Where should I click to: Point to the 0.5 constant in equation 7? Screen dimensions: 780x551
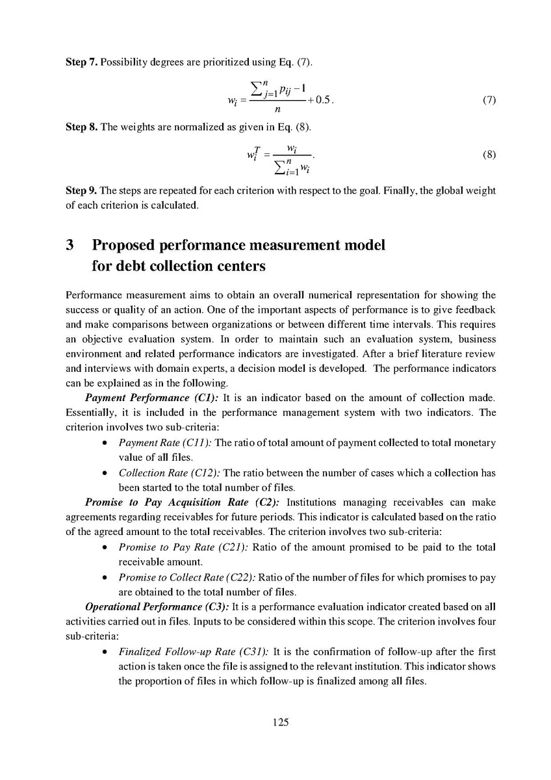(x=322, y=101)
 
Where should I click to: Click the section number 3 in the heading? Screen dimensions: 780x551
(x=70, y=245)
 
